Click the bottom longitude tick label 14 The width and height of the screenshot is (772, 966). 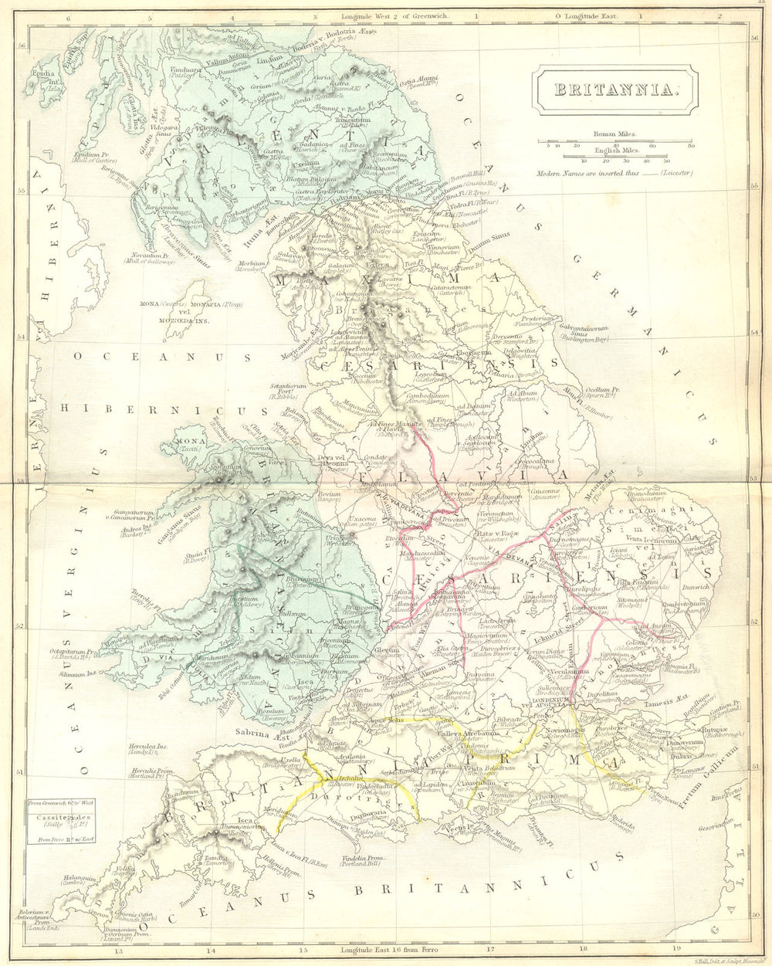pyautogui.click(x=211, y=951)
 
